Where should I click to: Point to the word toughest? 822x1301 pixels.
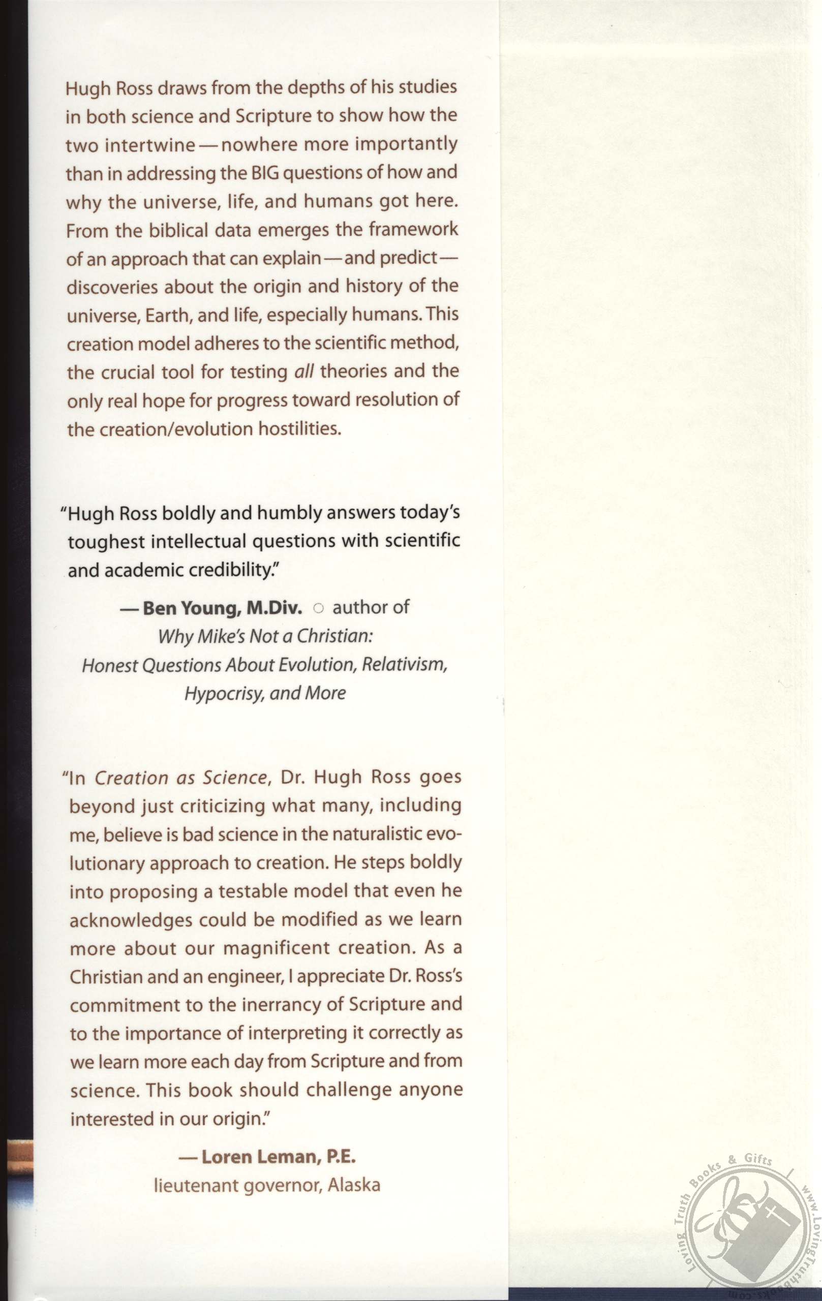(106, 542)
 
